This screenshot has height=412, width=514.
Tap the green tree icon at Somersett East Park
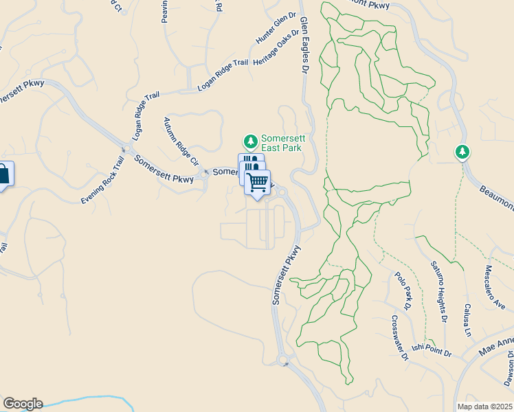pyautogui.click(x=251, y=141)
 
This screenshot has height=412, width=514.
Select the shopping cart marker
pyautogui.click(x=257, y=183)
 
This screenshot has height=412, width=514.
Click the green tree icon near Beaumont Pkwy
pyautogui.click(x=463, y=151)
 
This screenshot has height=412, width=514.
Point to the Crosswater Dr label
pyautogui.click(x=400, y=338)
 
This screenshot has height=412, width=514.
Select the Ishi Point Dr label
pyautogui.click(x=432, y=350)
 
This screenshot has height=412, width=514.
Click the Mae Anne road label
pyautogui.click(x=496, y=347)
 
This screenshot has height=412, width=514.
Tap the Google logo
pyautogui.click(x=23, y=404)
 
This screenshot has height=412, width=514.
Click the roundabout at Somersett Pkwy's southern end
pyautogui.click(x=282, y=360)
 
